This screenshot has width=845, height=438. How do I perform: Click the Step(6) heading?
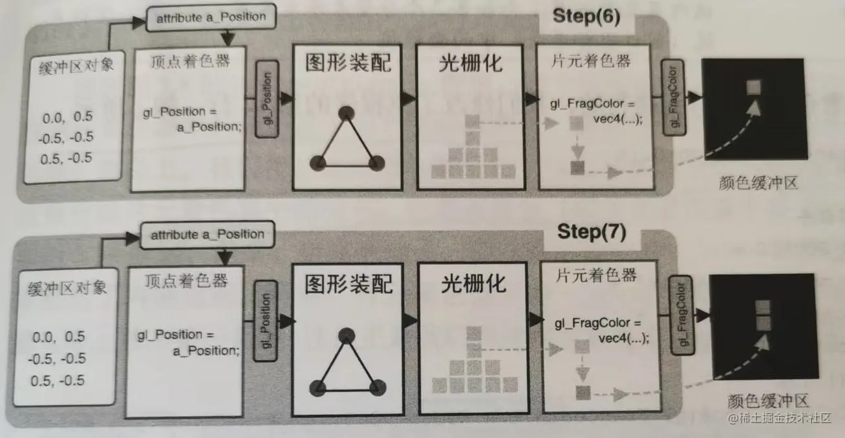[x=586, y=17]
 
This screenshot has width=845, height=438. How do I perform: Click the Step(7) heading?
[x=592, y=231]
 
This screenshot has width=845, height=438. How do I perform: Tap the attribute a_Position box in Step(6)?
[x=211, y=17]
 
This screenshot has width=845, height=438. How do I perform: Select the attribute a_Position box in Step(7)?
[x=208, y=235]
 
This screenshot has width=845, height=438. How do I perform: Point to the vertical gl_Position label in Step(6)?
[x=268, y=99]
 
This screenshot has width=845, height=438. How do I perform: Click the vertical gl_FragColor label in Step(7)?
[x=682, y=315]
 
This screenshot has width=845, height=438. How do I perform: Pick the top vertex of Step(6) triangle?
[x=347, y=113]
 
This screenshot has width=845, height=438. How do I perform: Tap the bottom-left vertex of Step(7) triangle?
[x=317, y=388]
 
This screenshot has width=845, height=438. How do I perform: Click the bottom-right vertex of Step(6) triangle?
[x=376, y=163]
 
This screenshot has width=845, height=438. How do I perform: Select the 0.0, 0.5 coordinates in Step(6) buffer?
[x=67, y=117]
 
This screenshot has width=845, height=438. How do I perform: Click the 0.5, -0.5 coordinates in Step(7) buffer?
[x=58, y=381]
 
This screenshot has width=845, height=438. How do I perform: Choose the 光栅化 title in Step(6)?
[x=471, y=63]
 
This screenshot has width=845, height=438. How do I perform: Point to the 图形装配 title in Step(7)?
[x=349, y=284]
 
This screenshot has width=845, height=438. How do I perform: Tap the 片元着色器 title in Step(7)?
[x=596, y=276]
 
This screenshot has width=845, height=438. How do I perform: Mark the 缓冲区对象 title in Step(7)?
[x=67, y=289]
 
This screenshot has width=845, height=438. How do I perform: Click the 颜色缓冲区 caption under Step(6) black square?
[x=758, y=183]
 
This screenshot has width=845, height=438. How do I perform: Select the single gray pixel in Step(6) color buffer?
[x=754, y=87]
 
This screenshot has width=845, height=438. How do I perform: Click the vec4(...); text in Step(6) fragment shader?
[x=617, y=119]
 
